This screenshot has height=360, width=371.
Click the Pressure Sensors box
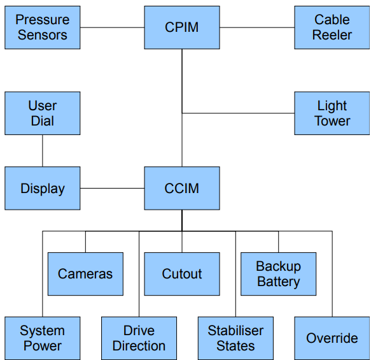[43, 27]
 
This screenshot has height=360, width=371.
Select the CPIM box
[182, 27]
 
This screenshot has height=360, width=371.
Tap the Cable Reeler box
[332, 27]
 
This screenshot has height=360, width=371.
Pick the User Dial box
[43, 113]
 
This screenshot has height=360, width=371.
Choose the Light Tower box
[332, 113]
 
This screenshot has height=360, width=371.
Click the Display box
[43, 189]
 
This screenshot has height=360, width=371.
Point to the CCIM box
[182, 189]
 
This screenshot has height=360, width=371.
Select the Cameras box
[85, 274]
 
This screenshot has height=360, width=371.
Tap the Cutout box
[182, 274]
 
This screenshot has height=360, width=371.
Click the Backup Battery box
[279, 274]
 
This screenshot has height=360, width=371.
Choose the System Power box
[43, 338]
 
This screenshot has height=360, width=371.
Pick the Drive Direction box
[139, 338]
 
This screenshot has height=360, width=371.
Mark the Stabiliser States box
[235, 338]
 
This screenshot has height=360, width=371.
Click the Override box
[332, 338]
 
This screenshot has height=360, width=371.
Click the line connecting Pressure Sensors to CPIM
[113, 27]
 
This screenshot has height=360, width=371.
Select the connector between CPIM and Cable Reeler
[257, 27]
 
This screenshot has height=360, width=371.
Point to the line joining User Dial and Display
[43, 151]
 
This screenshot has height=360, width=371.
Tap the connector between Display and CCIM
[113, 189]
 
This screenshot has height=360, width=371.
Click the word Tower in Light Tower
[332, 121]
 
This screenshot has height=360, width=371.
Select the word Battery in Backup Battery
[279, 282]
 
